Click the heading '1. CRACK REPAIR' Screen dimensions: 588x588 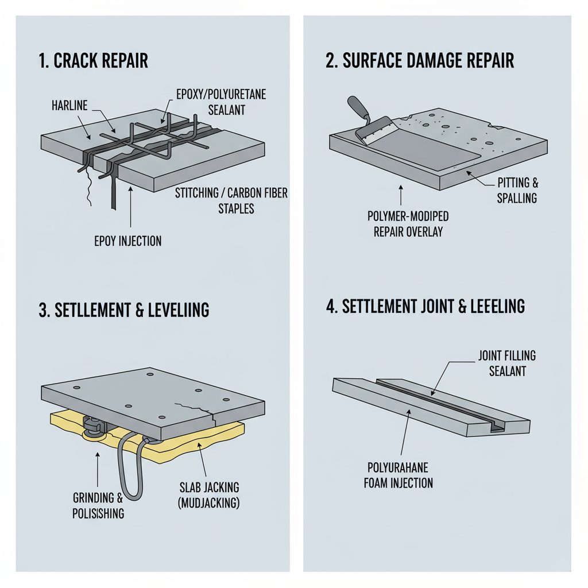[94, 61]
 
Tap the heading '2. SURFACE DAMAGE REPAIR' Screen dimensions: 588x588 [420, 60]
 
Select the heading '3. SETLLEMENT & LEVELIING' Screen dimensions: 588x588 [124, 310]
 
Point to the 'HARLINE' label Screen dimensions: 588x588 [69, 106]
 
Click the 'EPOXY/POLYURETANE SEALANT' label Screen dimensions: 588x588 [221, 102]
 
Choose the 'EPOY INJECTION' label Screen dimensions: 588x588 [128, 241]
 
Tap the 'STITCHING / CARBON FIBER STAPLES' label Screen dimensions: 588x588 [231, 200]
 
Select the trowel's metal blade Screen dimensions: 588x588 [376, 130]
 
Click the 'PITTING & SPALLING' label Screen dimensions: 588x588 [517, 191]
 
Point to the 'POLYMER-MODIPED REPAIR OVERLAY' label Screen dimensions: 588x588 [408, 224]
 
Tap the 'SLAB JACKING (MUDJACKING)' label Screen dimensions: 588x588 [209, 495]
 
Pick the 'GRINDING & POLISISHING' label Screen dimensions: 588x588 [98, 505]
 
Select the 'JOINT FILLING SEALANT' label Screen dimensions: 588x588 [507, 363]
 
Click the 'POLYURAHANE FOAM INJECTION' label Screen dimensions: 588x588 [399, 475]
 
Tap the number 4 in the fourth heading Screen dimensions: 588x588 [330, 307]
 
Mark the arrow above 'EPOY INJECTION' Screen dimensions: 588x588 [130, 207]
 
